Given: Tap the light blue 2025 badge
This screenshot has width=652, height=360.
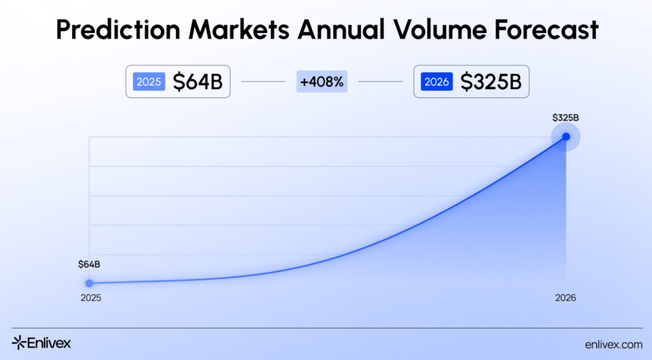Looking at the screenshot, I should point(149,82).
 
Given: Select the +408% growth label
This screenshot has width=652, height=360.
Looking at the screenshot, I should point(322,82).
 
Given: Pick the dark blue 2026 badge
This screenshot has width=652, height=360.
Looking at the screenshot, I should point(437,82).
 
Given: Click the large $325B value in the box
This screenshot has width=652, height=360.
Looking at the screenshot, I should point(490,82).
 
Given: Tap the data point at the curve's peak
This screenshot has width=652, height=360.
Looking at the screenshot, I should point(566,136).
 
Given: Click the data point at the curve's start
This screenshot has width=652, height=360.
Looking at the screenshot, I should point(89,283).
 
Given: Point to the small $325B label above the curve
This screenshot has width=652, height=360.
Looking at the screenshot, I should point(565,117).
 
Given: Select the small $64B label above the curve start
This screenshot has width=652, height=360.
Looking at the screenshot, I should point(89,264).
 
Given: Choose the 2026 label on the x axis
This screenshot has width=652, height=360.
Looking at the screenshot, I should point(565,298).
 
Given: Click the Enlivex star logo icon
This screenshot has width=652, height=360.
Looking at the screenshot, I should point(18,343).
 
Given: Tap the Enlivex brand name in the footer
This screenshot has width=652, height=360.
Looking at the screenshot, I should point(49,343).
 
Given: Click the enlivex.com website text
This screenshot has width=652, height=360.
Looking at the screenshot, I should point(613,344).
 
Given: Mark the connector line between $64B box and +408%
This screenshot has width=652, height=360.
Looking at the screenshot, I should point(263,82).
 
